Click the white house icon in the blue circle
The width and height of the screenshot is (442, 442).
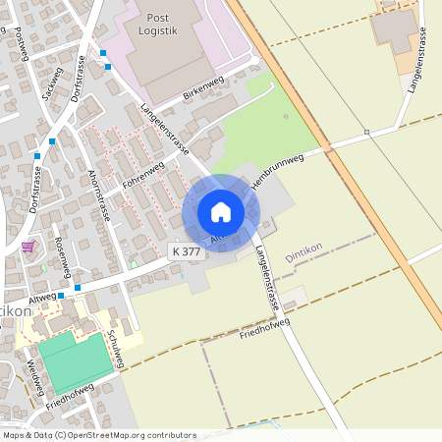pyautogui.click(x=221, y=212)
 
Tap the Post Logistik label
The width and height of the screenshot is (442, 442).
pyautogui.click(x=158, y=25)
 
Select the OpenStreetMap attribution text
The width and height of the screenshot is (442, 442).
pyautogui.click(x=98, y=434)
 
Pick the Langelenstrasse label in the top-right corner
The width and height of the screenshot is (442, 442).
pyautogui.click(x=415, y=60)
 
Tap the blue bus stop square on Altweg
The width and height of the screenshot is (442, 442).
pyautogui.click(x=62, y=296)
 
